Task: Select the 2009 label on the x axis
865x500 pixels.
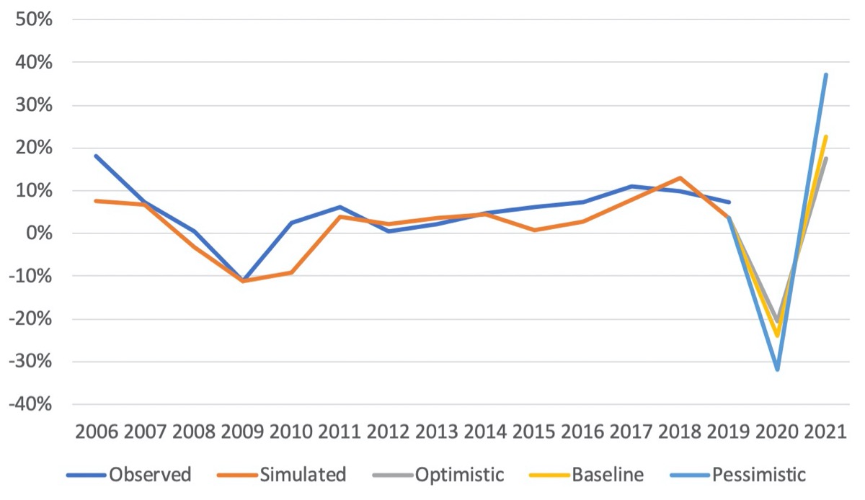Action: pyautogui.click(x=242, y=432)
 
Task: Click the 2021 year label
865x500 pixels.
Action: pyautogui.click(x=825, y=432)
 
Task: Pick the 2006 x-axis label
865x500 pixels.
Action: pyautogui.click(x=96, y=432)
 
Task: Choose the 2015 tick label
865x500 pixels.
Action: pyautogui.click(x=534, y=432)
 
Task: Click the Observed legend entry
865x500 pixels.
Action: pyautogui.click(x=150, y=475)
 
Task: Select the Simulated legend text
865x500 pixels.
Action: pyautogui.click(x=303, y=475)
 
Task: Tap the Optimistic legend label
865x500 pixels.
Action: pyautogui.click(x=459, y=475)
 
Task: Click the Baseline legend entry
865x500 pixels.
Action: pyautogui.click(x=607, y=475)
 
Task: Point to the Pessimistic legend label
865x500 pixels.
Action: pyautogui.click(x=758, y=475)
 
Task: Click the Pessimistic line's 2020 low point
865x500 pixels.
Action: pyautogui.click(x=777, y=369)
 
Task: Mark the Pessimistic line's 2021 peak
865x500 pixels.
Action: pyautogui.click(x=825, y=75)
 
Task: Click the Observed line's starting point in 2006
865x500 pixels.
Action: pyautogui.click(x=96, y=156)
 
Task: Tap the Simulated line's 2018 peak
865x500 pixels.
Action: pyautogui.click(x=680, y=178)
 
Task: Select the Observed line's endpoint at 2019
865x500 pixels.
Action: pyautogui.click(x=729, y=202)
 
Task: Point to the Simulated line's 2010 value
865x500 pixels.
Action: pyautogui.click(x=290, y=272)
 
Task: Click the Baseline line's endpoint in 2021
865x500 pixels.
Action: pyautogui.click(x=825, y=137)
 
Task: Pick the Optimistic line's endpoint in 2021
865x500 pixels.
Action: pyautogui.click(x=825, y=159)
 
